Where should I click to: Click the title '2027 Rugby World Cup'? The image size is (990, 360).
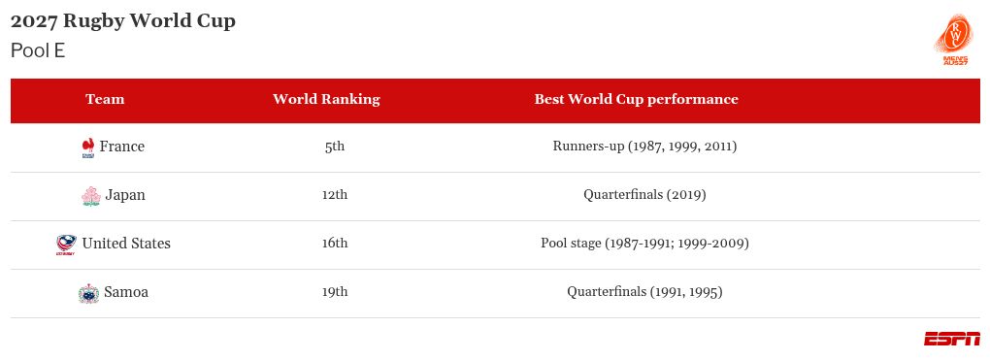click(x=123, y=20)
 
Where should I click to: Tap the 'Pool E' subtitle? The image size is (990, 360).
click(x=38, y=50)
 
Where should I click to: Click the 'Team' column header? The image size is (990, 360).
click(x=105, y=99)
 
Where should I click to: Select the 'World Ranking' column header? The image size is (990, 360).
click(x=326, y=99)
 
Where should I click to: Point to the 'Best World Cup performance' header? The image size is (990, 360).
click(x=636, y=99)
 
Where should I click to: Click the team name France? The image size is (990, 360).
click(x=121, y=147)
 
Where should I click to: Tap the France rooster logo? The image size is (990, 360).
click(x=88, y=147)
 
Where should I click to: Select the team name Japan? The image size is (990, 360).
click(x=125, y=195)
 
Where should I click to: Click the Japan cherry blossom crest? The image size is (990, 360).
click(x=91, y=196)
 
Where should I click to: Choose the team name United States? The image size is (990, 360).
click(x=126, y=244)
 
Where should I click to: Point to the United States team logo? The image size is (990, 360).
click(x=66, y=245)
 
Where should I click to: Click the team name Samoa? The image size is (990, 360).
click(x=126, y=292)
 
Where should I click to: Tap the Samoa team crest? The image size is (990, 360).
click(x=89, y=293)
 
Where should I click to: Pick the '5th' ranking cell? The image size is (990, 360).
click(x=335, y=147)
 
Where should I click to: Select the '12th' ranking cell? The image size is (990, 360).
click(x=335, y=195)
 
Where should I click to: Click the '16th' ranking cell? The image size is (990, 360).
click(x=335, y=244)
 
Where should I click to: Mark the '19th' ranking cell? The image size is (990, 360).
click(x=335, y=292)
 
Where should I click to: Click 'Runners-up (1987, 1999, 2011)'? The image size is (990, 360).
click(x=644, y=147)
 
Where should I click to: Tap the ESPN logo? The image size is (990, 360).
click(x=951, y=339)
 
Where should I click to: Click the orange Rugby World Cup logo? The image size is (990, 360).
click(x=955, y=40)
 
